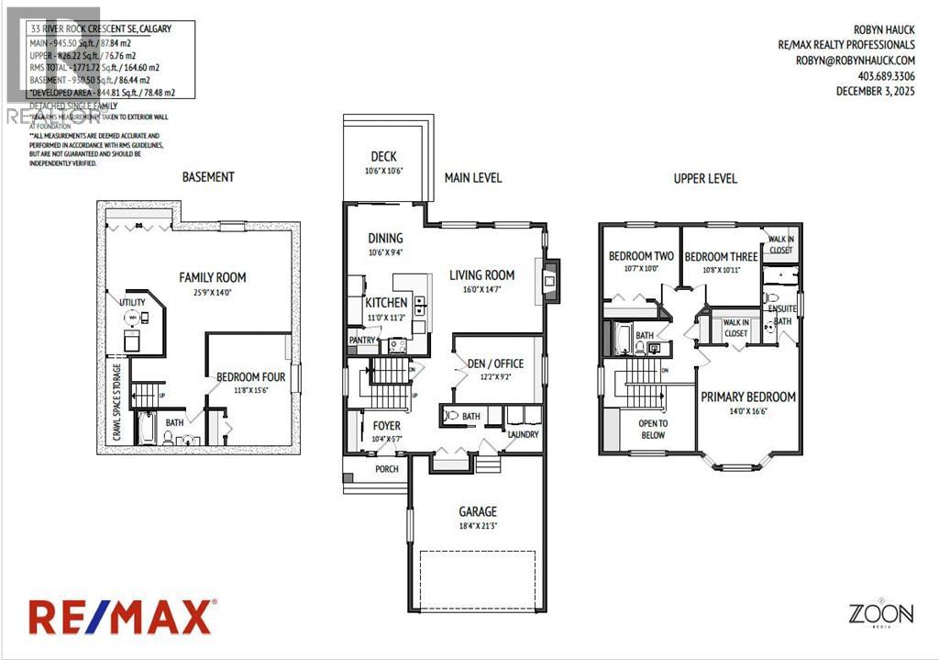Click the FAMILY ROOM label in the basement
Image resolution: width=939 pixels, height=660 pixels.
[x=212, y=276]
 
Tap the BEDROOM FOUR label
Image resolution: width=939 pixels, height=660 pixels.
[x=250, y=376]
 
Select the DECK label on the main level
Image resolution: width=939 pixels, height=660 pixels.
[x=383, y=157]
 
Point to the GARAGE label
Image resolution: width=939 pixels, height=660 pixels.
[x=478, y=511]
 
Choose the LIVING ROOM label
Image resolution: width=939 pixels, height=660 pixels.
[x=481, y=274]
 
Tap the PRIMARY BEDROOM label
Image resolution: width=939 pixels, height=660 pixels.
[x=748, y=397]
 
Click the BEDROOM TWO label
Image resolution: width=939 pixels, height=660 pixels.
[x=641, y=256]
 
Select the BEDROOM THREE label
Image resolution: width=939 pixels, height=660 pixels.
[x=721, y=256]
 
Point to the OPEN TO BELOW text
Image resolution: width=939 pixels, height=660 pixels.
[x=652, y=429]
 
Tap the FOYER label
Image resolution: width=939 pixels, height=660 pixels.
[x=386, y=425]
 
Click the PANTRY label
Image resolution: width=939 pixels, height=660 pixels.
[x=362, y=340]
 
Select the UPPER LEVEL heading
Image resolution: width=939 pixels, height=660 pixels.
[x=705, y=178]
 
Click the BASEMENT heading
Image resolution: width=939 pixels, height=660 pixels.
[x=208, y=176]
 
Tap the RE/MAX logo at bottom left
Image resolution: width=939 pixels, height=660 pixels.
[x=123, y=616]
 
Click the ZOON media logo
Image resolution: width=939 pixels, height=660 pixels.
[x=879, y=613]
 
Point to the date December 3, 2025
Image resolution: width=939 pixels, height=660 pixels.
[x=875, y=91]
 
